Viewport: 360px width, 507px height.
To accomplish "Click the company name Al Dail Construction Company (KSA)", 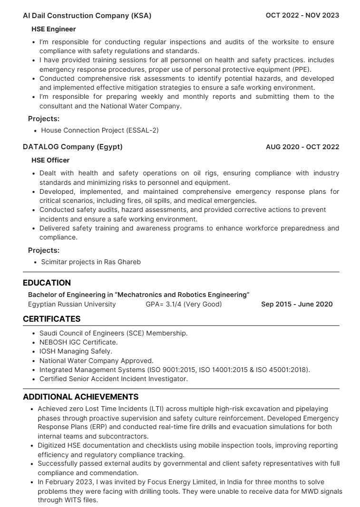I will pyautogui.click(x=87, y=16).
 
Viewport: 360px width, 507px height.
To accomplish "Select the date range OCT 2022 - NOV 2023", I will pyautogui.click(x=302, y=16).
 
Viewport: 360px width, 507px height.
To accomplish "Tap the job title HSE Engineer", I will pyautogui.click(x=54, y=29).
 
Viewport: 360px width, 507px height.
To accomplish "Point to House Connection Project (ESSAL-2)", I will pyautogui.click(x=99, y=130).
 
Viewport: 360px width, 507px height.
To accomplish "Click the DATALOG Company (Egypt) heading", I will pyautogui.click(x=73, y=147).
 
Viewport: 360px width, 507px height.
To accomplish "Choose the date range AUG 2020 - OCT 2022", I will pyautogui.click(x=302, y=147).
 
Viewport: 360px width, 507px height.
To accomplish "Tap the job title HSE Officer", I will pyautogui.click(x=50, y=161).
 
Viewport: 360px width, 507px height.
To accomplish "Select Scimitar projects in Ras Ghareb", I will pyautogui.click(x=91, y=262).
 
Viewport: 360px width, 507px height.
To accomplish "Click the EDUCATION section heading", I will pyautogui.click(x=47, y=283).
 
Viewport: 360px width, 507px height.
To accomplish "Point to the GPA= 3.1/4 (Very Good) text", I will pyautogui.click(x=184, y=304).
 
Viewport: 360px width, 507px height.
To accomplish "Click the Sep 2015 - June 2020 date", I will pyautogui.click(x=297, y=304).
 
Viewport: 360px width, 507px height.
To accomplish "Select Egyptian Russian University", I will pyautogui.click(x=72, y=304).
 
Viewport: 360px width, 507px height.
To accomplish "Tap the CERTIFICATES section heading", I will pyautogui.click(x=51, y=319).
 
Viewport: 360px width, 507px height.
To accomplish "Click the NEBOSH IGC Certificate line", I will pyautogui.click(x=78, y=342).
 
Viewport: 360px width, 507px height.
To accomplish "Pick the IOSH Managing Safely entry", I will pyautogui.click(x=76, y=351).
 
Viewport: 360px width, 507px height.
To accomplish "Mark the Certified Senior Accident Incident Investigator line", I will pyautogui.click(x=113, y=379).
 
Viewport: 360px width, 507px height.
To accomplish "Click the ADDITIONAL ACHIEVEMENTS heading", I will pyautogui.click(x=81, y=397).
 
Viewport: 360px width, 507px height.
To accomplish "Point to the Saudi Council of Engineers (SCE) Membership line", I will pyautogui.click(x=113, y=333).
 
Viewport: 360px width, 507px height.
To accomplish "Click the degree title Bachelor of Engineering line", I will pyautogui.click(x=138, y=295).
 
